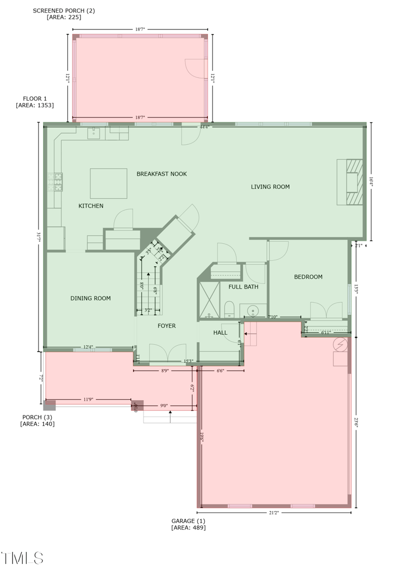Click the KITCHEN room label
pyautogui.click(x=91, y=206)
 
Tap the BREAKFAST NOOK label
pyautogui.click(x=161, y=174)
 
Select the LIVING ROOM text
pyautogui.click(x=270, y=187)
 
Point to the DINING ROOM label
pyautogui.click(x=90, y=298)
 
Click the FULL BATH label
pyautogui.click(x=243, y=287)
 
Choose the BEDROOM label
pyautogui.click(x=308, y=277)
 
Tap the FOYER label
pyautogui.click(x=166, y=326)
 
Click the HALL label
pyautogui.click(x=220, y=332)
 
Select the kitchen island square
pyautogui.click(x=108, y=183)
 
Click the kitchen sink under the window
pyautogui.click(x=93, y=133)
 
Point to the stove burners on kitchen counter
pyautogui.click(x=55, y=182)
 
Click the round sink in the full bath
pyautogui.click(x=253, y=311)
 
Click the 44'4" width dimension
pyautogui.click(x=204, y=127)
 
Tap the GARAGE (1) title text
pyautogui.click(x=188, y=521)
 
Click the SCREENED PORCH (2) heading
pyautogui.click(x=63, y=10)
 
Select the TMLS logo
pyautogui.click(x=22, y=558)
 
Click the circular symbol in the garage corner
pyautogui.click(x=340, y=344)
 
